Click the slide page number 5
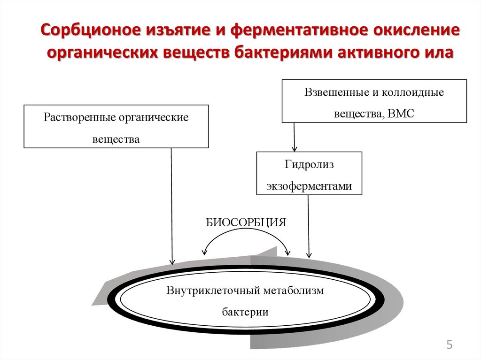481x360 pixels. (x=449, y=345)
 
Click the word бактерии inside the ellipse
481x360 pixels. (x=245, y=312)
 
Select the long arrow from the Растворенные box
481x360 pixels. (x=172, y=207)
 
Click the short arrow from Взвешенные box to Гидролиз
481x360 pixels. (x=295, y=137)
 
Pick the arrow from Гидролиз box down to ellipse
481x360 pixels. (x=309, y=225)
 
